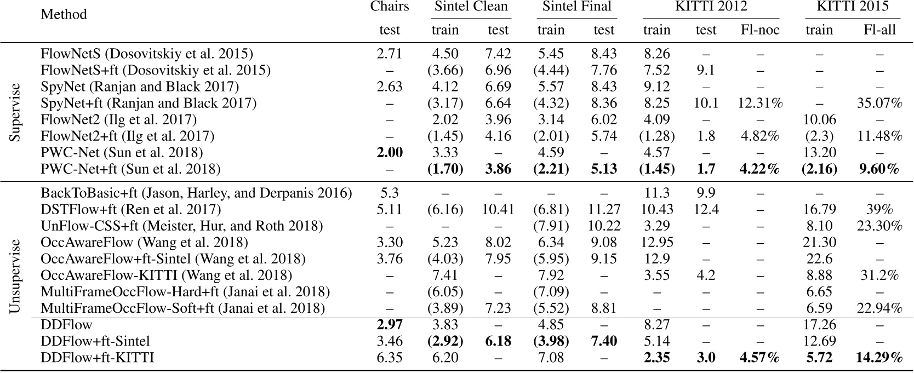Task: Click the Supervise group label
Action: pyautogui.click(x=15, y=112)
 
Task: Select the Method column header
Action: pyautogui.click(x=64, y=14)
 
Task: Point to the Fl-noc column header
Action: pyautogui.click(x=759, y=30)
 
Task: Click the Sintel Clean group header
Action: pyautogui.click(x=471, y=7)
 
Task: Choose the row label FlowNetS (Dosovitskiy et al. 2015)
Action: pyautogui.click(x=147, y=54)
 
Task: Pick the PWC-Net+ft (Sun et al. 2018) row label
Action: pyautogui.click(x=130, y=169)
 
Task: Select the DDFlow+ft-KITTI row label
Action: pyautogui.click(x=98, y=358)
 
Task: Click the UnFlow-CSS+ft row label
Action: pyautogui.click(x=181, y=226)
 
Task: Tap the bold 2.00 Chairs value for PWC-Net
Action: pyautogui.click(x=389, y=152)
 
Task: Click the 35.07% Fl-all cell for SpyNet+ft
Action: pyautogui.click(x=879, y=103)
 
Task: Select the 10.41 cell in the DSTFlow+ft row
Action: pyautogui.click(x=498, y=209)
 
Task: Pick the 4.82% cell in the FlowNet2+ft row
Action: pyautogui.click(x=759, y=136)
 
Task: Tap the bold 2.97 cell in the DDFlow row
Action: pyautogui.click(x=389, y=325)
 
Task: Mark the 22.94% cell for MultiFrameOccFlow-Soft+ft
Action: pyautogui.click(x=879, y=308)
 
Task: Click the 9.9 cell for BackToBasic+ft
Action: pyautogui.click(x=706, y=193)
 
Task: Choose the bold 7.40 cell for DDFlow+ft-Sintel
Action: pyautogui.click(x=603, y=341)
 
